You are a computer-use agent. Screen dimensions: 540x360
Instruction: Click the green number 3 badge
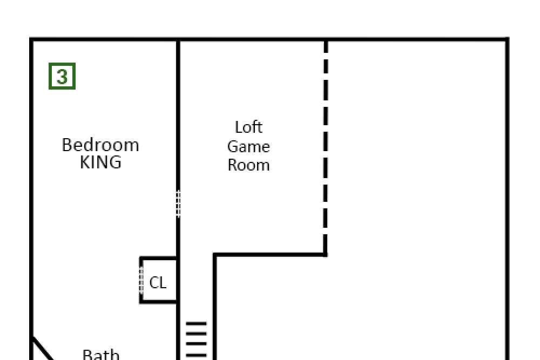pyautogui.click(x=62, y=76)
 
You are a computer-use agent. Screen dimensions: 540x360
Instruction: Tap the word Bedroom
pyautogui.click(x=100, y=145)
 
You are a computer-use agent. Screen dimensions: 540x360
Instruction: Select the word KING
pyautogui.click(x=100, y=162)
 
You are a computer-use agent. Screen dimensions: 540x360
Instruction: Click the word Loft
pyautogui.click(x=248, y=127)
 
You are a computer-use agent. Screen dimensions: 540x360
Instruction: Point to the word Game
pyautogui.click(x=248, y=147)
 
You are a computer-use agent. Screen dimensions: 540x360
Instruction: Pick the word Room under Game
pyautogui.click(x=248, y=165)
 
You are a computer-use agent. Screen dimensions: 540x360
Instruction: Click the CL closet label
pyautogui.click(x=158, y=283)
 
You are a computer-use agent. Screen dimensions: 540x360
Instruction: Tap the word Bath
pyautogui.click(x=101, y=355)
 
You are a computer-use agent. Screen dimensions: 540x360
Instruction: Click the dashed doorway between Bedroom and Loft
pyautogui.click(x=178, y=203)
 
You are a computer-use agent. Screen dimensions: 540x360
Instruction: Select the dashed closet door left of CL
pyautogui.click(x=141, y=281)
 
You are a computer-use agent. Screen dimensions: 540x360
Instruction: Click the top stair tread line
pyautogui.click(x=197, y=323)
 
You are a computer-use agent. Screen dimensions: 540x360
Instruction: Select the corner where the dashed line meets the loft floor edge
pyautogui.click(x=326, y=255)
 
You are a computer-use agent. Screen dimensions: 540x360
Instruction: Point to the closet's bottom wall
pyautogui.click(x=158, y=302)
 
